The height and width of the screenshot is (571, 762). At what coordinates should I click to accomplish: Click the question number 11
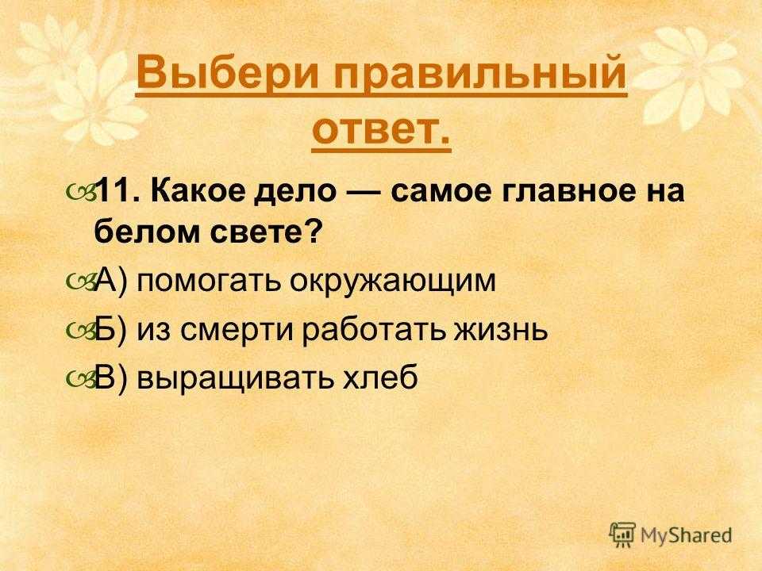coord(116,190)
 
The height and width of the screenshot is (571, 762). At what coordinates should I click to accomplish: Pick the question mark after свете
coord(314,231)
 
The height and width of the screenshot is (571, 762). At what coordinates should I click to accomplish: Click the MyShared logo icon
coord(622,535)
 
